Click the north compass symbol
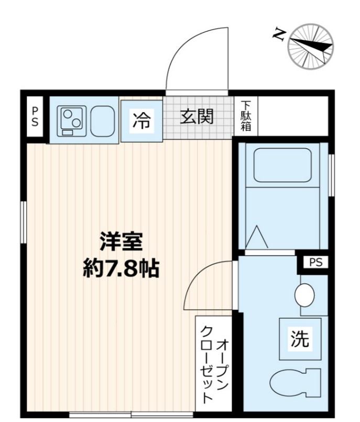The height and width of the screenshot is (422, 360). [311, 47]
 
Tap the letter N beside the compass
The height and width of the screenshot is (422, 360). [280, 35]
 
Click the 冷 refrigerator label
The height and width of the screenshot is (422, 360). [140, 120]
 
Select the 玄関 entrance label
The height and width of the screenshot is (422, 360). [197, 116]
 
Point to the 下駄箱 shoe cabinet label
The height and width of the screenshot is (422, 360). [246, 116]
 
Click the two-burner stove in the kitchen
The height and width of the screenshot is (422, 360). [71, 121]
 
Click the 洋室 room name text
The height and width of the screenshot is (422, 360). [122, 242]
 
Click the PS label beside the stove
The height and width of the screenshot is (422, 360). [35, 116]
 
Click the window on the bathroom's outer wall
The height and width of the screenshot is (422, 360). [331, 175]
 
